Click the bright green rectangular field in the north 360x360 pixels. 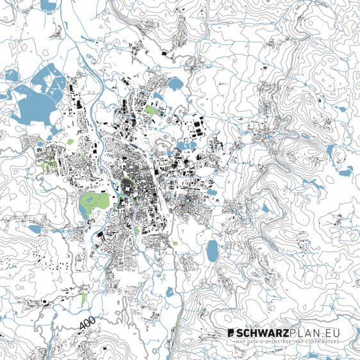pos(151,109)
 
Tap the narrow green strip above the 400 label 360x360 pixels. pos(84,299)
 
